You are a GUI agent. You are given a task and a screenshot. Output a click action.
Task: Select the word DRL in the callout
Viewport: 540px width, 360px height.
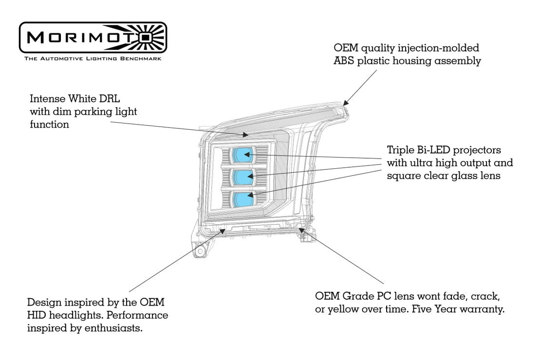point(110,99)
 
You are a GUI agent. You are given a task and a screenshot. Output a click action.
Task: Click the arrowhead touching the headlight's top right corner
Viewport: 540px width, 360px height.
point(345,102)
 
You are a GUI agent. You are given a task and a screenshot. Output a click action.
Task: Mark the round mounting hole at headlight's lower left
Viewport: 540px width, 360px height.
point(200,252)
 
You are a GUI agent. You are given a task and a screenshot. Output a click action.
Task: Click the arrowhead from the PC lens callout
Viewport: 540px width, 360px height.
point(301,229)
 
